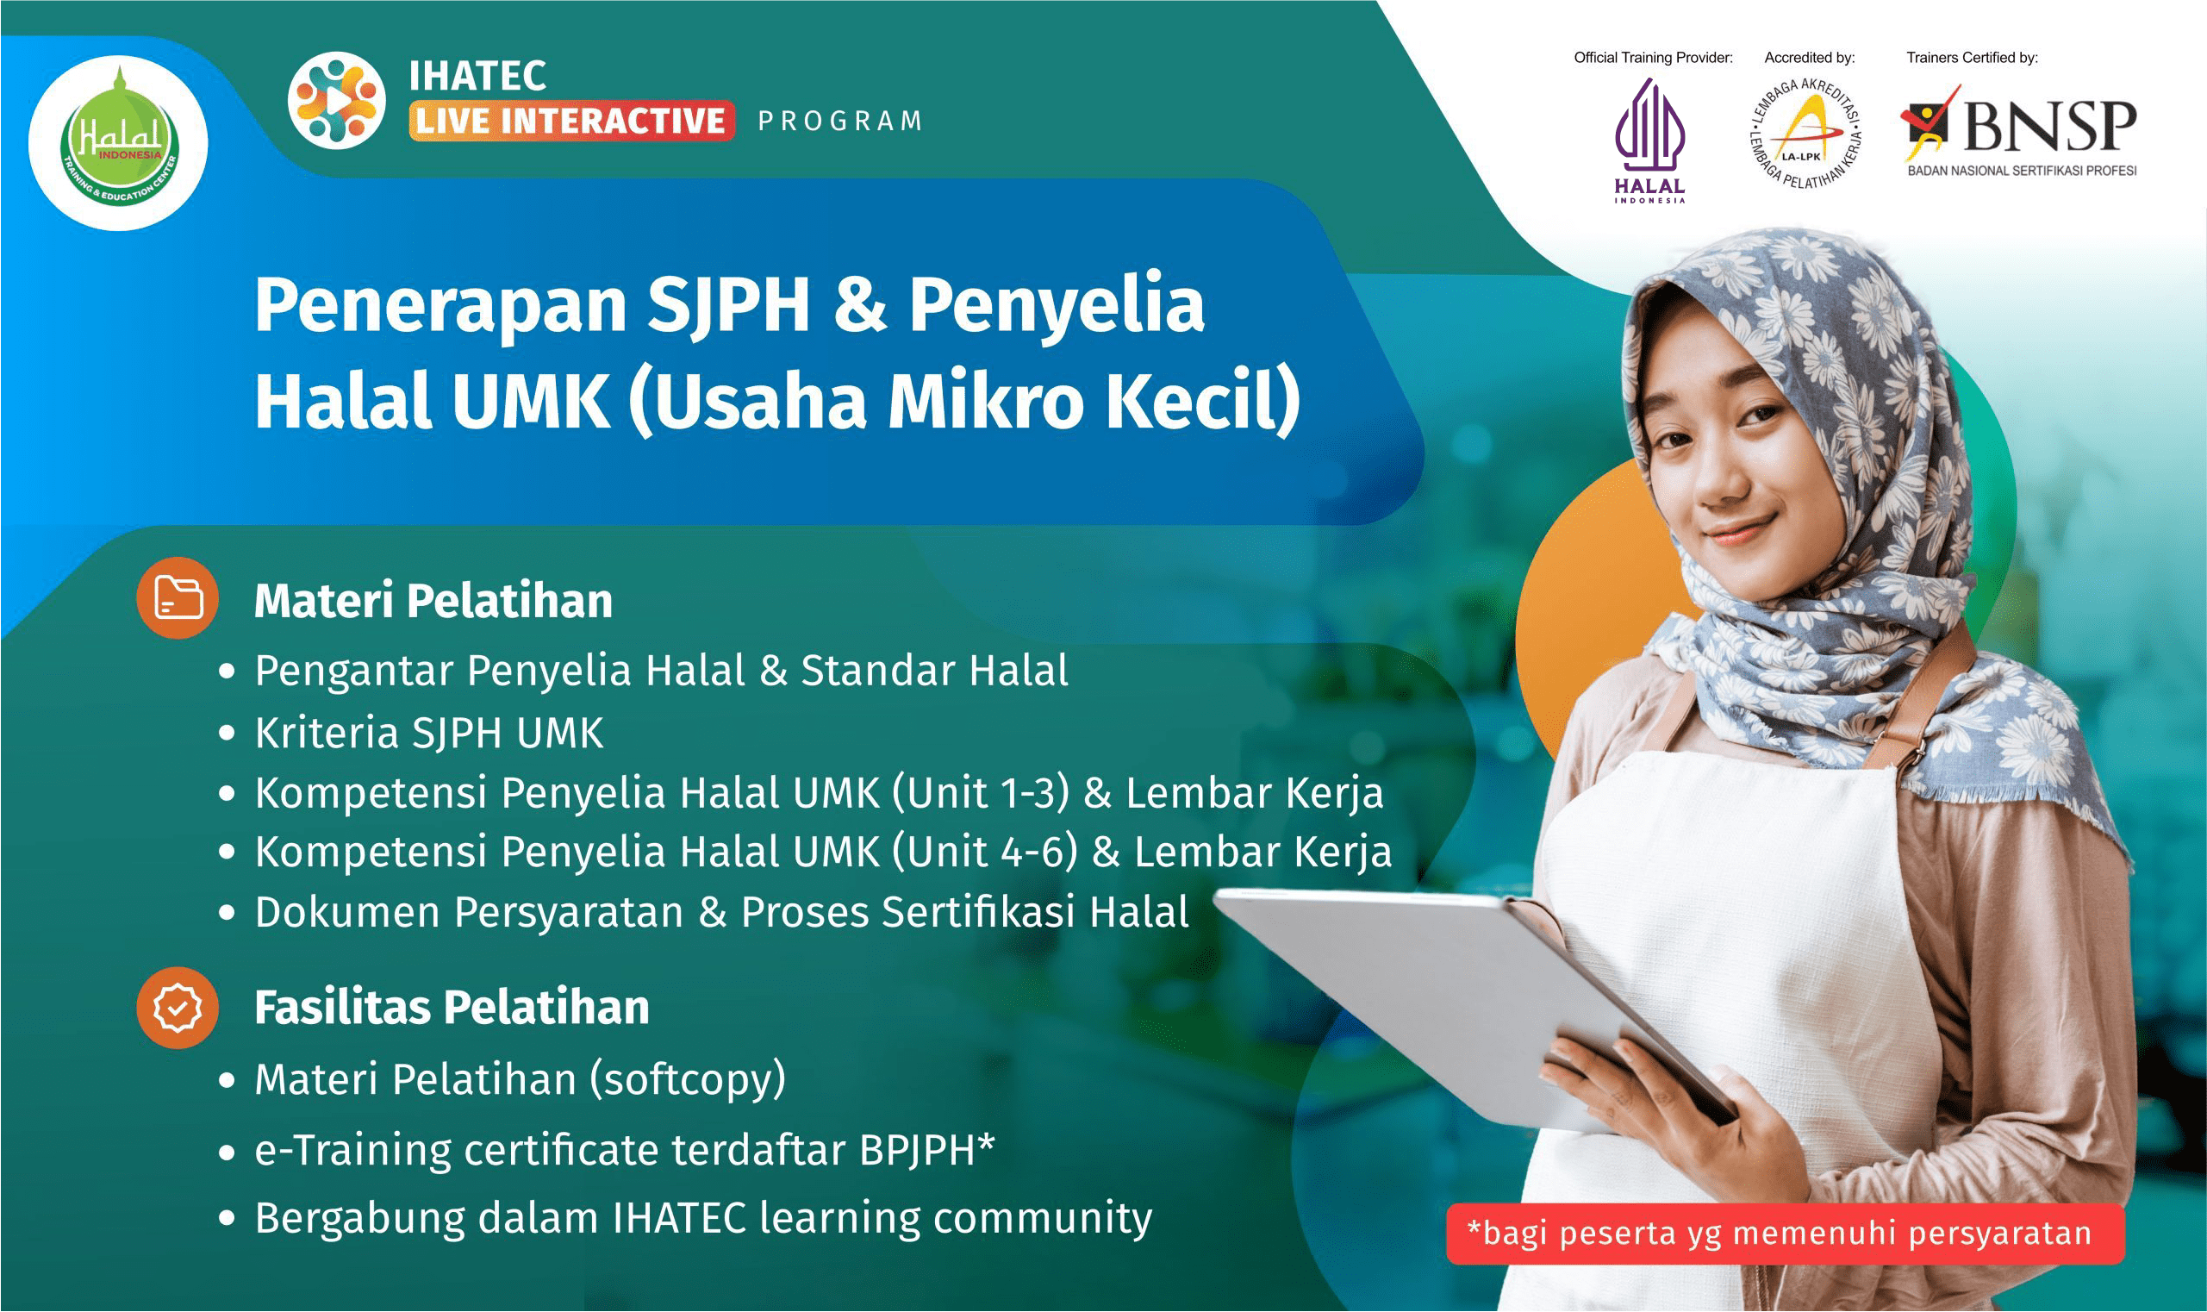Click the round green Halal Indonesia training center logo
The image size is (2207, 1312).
[118, 143]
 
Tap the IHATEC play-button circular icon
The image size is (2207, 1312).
[337, 99]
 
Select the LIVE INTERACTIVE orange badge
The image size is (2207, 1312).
[571, 120]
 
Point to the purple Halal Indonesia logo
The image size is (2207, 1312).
[1649, 141]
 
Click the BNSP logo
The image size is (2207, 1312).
[2018, 132]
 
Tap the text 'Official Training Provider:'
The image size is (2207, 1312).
[1653, 59]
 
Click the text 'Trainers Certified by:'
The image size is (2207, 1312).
[1972, 59]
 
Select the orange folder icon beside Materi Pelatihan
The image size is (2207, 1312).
[178, 597]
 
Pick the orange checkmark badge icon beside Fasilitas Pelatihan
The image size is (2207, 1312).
[178, 1008]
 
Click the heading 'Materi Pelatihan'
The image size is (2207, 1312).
[433, 601]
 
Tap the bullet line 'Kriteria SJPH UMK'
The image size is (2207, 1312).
[428, 733]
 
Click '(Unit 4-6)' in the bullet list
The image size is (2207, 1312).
[985, 853]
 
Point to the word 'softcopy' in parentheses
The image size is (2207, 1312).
[688, 1080]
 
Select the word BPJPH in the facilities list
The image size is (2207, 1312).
[918, 1150]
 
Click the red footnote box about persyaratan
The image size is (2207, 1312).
[1785, 1234]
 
